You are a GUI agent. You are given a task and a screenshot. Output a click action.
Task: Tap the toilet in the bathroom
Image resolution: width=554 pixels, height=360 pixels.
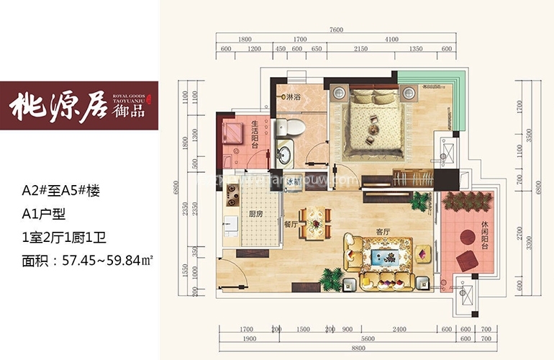pyautogui.click(x=295, y=128)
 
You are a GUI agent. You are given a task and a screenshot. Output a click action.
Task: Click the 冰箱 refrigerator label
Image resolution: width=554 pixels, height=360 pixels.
pyautogui.click(x=291, y=183)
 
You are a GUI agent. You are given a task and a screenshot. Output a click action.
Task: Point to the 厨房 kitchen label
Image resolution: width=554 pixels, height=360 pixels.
pyautogui.click(x=254, y=214)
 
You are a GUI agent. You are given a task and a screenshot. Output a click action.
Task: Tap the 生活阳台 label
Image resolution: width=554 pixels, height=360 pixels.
pyautogui.click(x=255, y=134)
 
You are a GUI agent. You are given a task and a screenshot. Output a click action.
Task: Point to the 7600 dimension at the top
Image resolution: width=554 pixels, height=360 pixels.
pyautogui.click(x=337, y=30)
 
